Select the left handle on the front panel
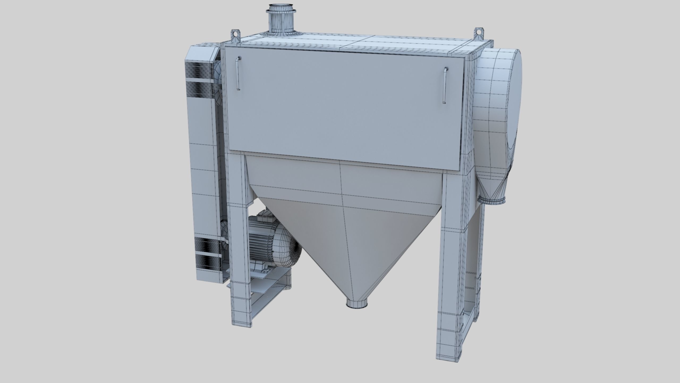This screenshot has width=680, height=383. click(x=238, y=74)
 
